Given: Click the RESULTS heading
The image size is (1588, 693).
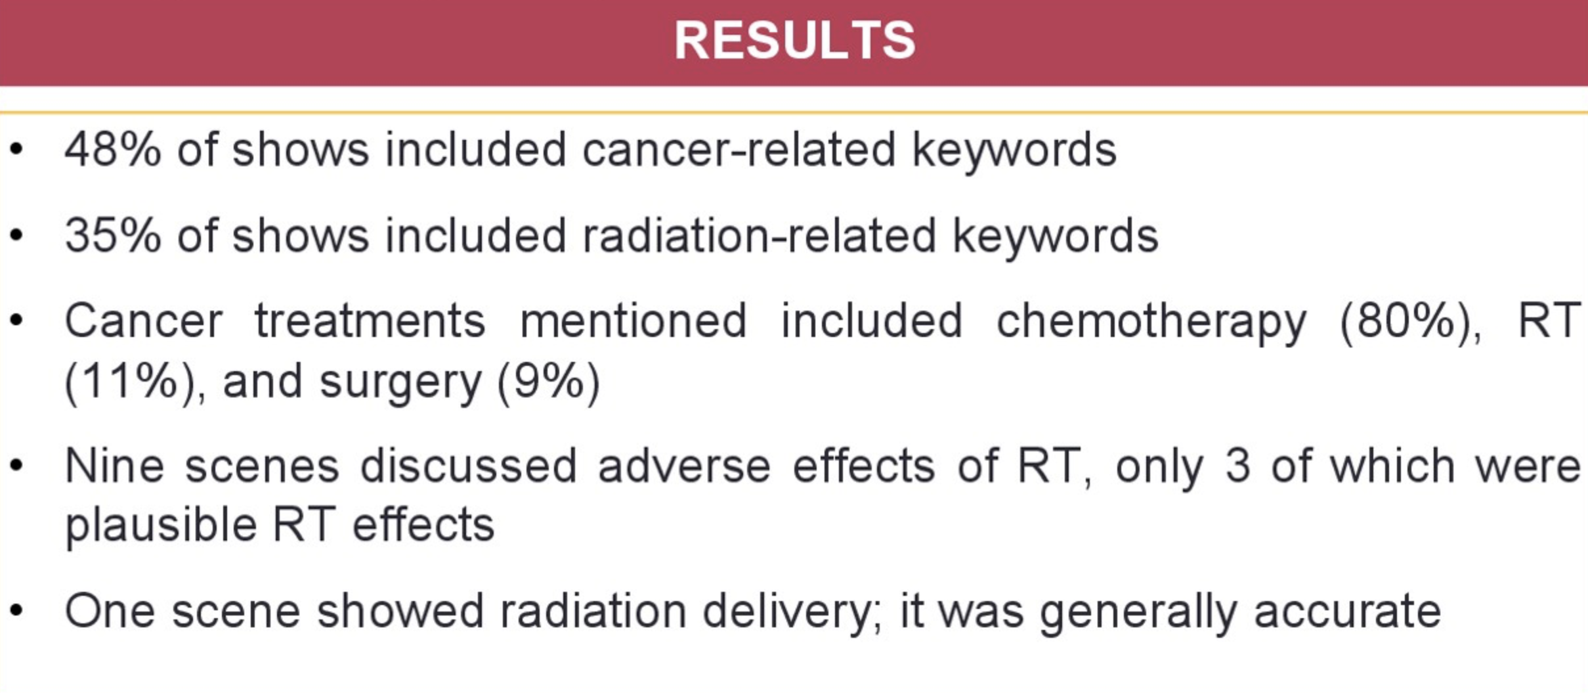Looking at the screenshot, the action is pyautogui.click(x=794, y=40).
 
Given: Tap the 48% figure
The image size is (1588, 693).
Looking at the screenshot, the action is pyautogui.click(x=113, y=149).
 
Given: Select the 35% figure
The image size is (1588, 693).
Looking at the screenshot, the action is pyautogui.click(x=113, y=235).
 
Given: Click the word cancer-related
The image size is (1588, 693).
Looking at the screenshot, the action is pyautogui.click(x=739, y=149).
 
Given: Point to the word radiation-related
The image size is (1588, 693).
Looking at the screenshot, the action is pyautogui.click(x=760, y=235).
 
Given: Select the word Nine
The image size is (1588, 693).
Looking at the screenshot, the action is pyautogui.click(x=114, y=466).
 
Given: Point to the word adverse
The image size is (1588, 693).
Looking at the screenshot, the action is pyautogui.click(x=684, y=466).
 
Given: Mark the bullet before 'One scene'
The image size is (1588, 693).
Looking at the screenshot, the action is pyautogui.click(x=17, y=610).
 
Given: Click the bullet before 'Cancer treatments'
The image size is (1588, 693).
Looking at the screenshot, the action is pyautogui.click(x=17, y=320).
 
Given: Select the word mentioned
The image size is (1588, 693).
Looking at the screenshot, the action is pyautogui.click(x=633, y=321).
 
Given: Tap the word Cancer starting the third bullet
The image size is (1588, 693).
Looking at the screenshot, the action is pyautogui.click(x=144, y=321).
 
